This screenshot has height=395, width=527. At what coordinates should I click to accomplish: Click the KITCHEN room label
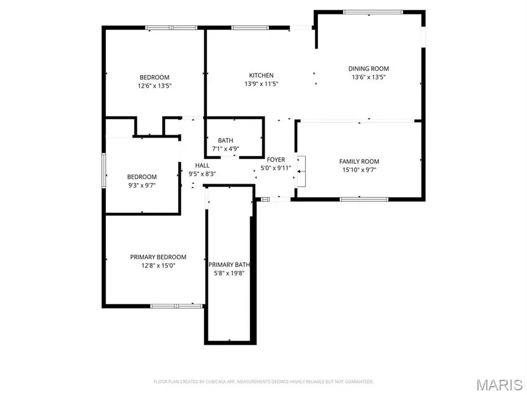261,75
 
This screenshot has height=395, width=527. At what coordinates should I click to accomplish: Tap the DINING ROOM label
369,68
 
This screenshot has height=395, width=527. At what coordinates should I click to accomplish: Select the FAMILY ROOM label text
359,162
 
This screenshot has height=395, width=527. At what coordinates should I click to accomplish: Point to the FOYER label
276,160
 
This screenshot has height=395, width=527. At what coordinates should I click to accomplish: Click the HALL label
203,166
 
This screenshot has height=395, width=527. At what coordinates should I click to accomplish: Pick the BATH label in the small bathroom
225,140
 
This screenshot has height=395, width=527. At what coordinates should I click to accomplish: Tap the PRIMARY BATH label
230,265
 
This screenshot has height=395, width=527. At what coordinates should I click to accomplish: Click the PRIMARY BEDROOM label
158,257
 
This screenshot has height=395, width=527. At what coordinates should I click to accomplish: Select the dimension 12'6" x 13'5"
155,85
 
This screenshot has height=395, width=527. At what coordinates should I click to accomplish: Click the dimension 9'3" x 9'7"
142,185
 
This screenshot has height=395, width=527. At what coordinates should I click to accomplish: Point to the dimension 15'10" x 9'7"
359,170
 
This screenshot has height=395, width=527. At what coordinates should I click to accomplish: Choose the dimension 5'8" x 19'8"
230,273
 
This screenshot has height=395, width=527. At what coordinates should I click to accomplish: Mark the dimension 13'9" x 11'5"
261,84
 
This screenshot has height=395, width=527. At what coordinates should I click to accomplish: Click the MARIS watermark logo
499,384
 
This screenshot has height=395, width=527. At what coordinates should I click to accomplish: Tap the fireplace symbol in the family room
301,171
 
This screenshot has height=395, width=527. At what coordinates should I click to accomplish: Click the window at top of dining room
372,12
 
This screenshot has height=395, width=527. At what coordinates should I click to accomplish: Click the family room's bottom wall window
364,200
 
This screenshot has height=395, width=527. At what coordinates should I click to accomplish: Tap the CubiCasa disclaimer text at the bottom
263,382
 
